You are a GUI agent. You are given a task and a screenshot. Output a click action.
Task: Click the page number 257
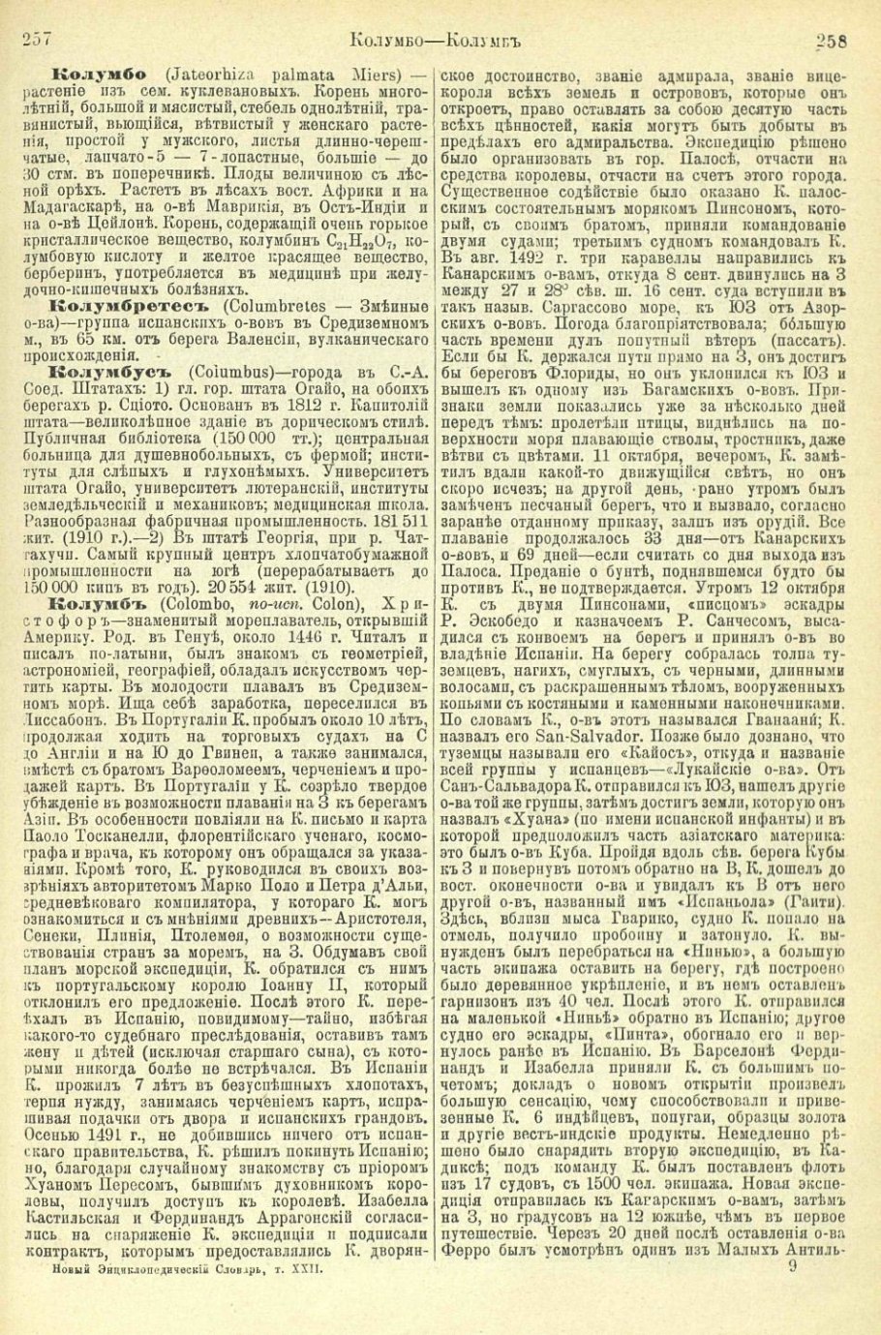click(x=36, y=40)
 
